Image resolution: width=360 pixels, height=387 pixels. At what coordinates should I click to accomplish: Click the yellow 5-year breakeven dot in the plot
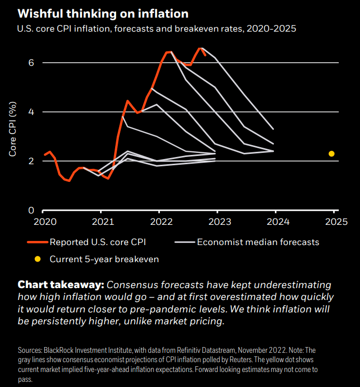(331, 153)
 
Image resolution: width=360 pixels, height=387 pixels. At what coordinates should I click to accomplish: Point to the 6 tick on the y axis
(31, 63)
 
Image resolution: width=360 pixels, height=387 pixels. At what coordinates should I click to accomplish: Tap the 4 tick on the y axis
(31, 112)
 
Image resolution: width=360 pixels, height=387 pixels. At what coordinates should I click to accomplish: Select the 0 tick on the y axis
(31, 210)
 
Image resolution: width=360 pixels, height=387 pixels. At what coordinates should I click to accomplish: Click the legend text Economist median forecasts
(258, 242)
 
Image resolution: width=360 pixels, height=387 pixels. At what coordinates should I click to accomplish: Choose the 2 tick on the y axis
(31, 161)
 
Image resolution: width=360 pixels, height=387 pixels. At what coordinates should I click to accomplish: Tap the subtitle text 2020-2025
(271, 29)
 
